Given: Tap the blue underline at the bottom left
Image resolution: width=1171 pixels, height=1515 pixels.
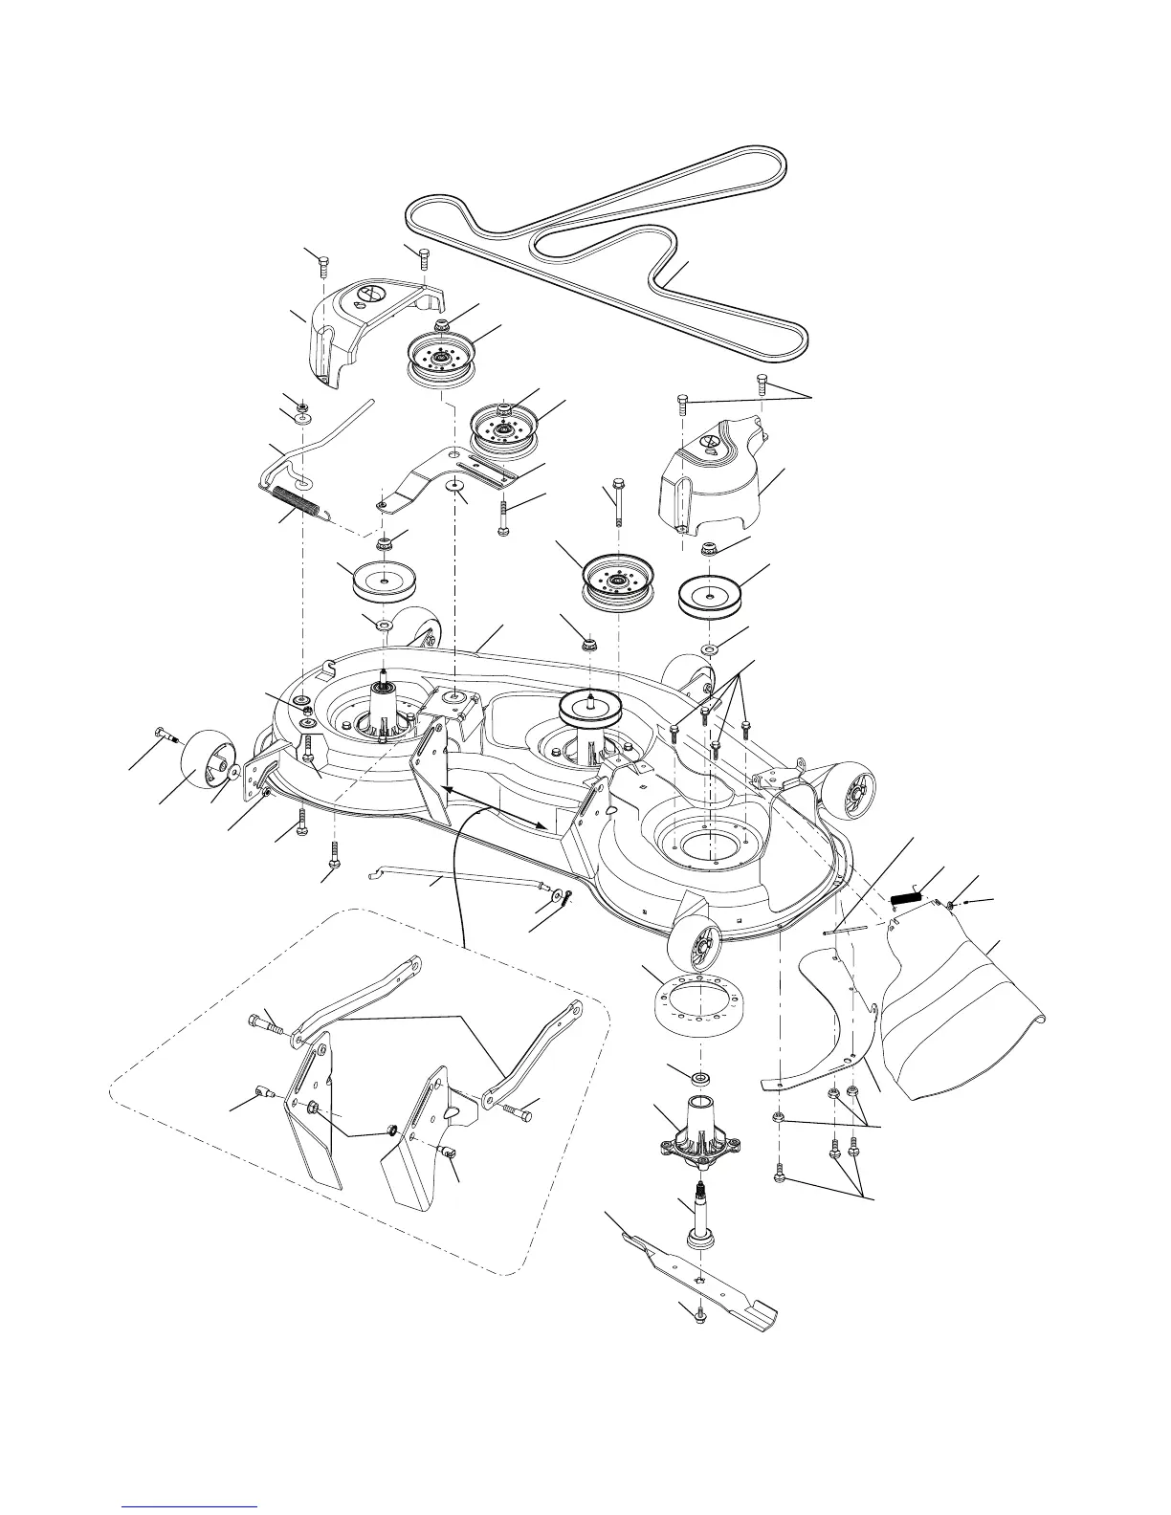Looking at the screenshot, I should point(191,1505).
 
